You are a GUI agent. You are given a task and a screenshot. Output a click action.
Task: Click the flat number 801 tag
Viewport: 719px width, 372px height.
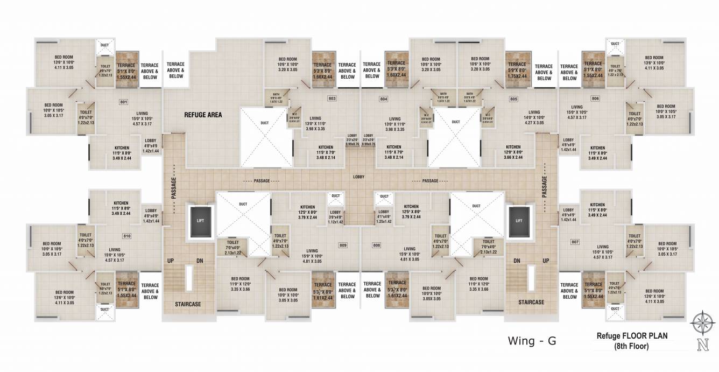pos(123,101)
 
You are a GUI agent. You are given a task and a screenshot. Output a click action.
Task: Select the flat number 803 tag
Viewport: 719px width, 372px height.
pos(332,99)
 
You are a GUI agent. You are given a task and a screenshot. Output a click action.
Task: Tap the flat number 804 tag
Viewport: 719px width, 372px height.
pos(384,99)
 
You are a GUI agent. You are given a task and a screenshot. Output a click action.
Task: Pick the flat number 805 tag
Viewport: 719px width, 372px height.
pos(513,99)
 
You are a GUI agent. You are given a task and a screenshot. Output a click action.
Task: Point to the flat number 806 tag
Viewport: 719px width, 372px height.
pos(595,98)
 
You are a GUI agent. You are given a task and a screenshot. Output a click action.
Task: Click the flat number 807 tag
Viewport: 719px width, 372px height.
pos(575,242)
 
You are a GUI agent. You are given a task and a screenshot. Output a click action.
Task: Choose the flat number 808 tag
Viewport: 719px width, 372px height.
pos(376,245)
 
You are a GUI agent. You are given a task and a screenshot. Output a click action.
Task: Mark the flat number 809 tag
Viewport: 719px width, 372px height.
pos(342,245)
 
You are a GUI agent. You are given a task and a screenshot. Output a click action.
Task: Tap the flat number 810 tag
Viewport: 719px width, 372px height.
pos(127,236)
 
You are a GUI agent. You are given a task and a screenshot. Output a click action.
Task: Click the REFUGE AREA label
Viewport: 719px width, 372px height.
pos(203,115)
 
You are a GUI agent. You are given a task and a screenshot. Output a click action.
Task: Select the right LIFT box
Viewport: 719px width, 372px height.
pos(519,220)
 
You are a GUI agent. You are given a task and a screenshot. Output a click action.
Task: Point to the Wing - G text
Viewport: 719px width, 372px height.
pos(531,340)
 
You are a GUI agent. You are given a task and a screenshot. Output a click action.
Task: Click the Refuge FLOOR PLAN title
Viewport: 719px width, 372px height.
pos(632,336)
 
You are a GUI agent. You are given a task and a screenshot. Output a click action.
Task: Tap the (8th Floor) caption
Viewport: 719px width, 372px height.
pos(632,347)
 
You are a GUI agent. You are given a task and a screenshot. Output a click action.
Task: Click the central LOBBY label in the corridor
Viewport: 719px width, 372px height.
pos(359,177)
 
